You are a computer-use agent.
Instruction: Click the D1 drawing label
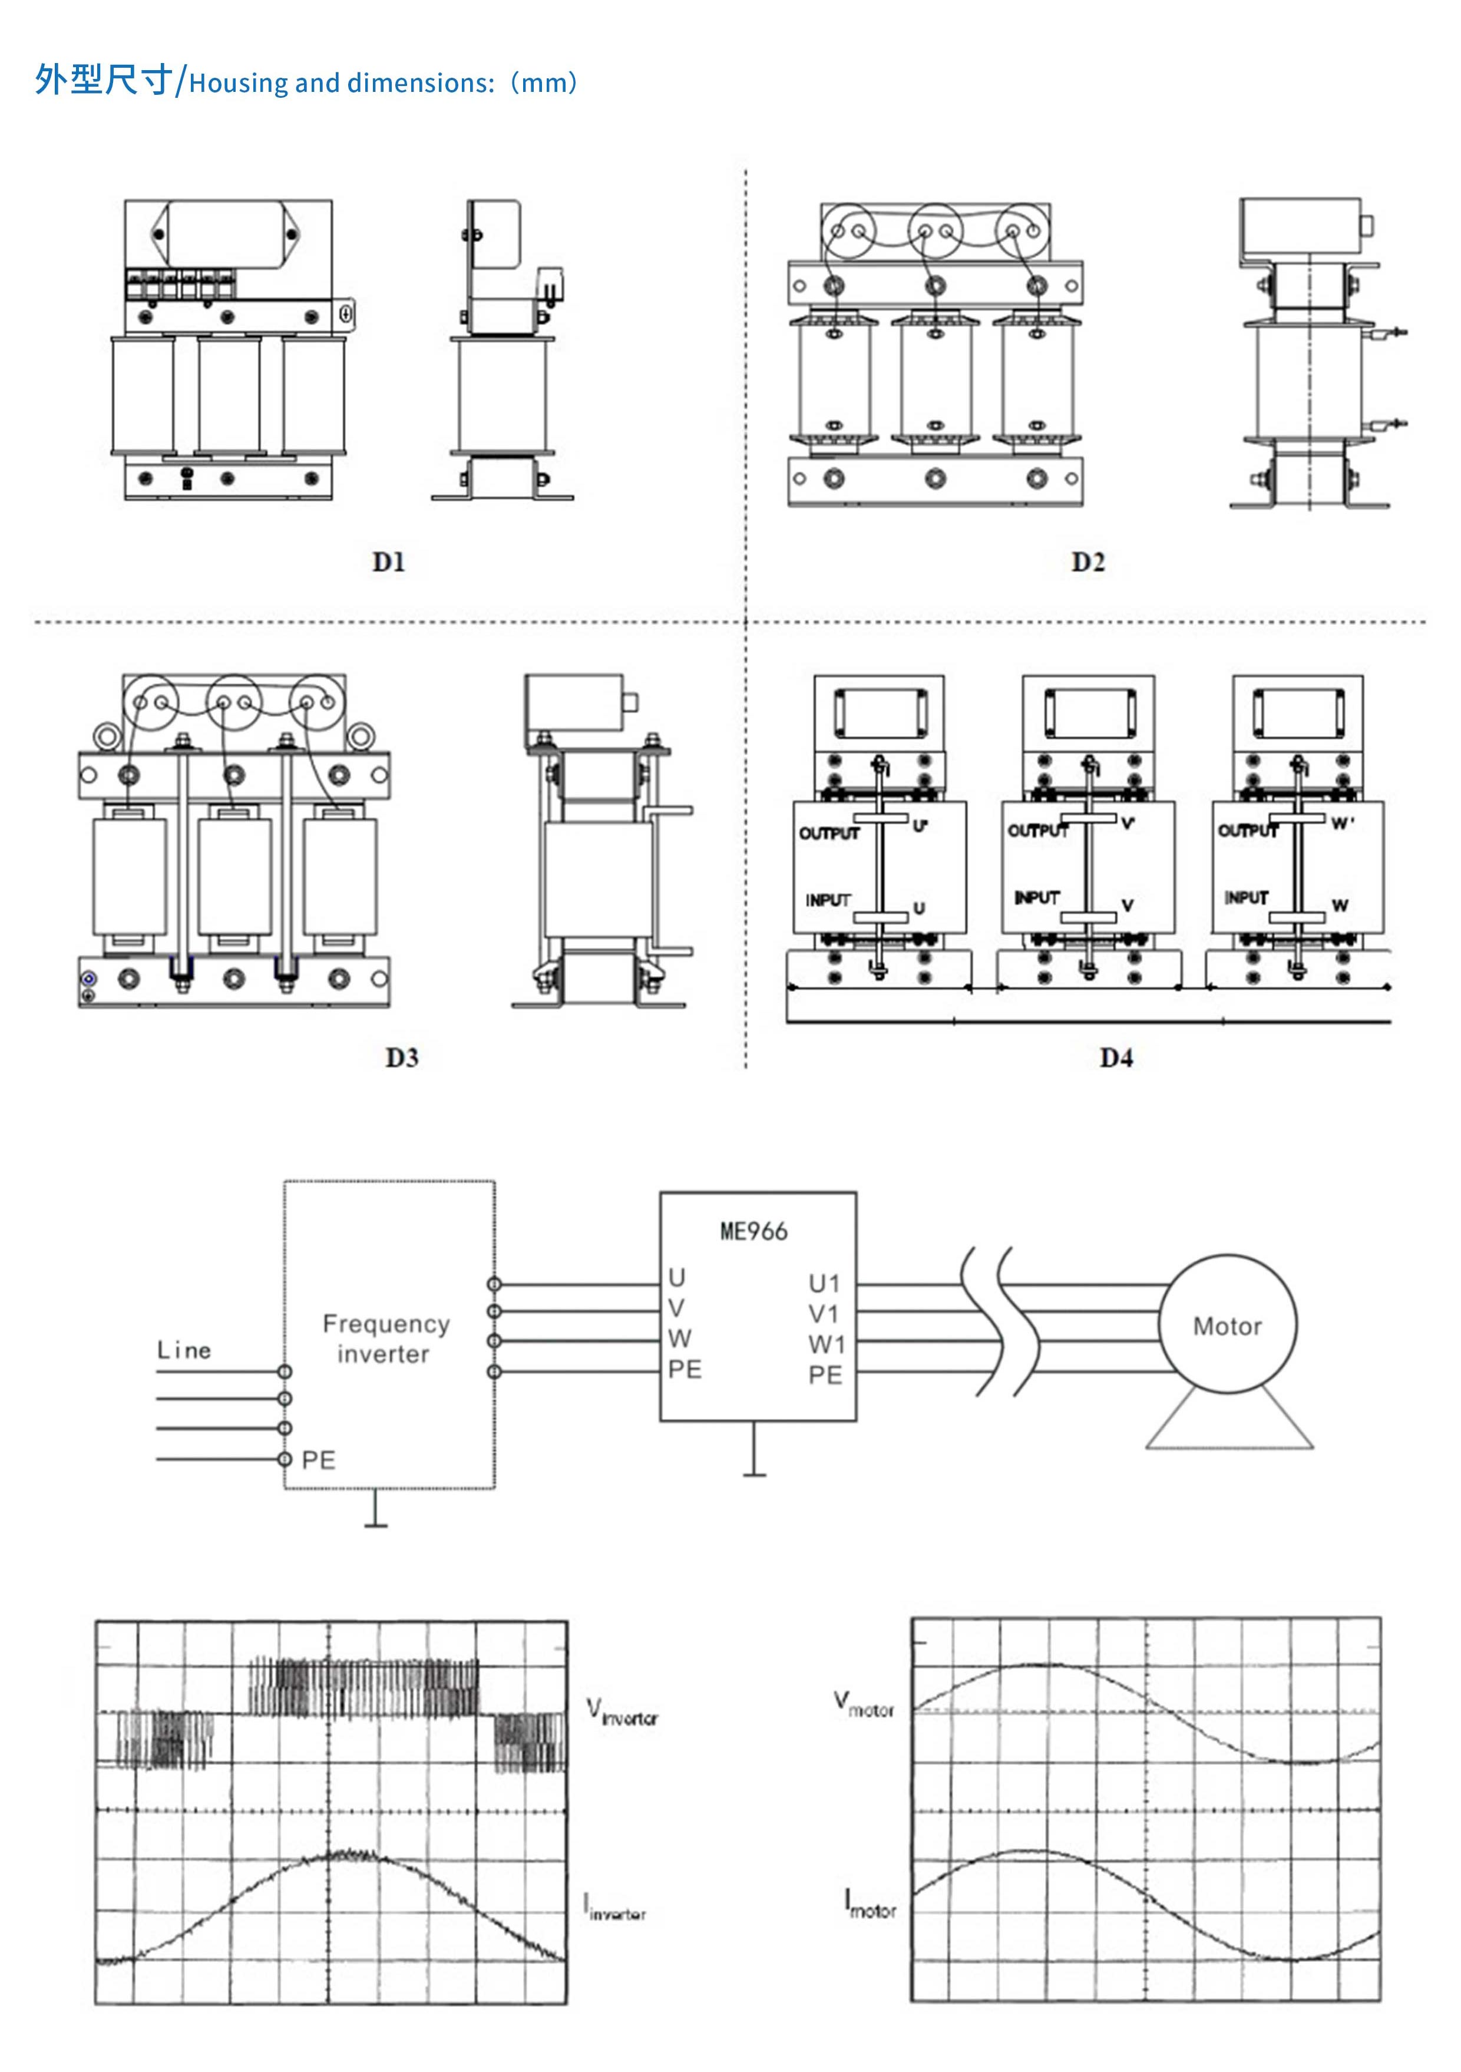point(388,562)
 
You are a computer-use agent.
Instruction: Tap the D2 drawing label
point(1088,562)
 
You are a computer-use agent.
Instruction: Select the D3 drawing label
point(402,1058)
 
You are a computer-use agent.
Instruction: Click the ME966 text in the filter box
point(753,1231)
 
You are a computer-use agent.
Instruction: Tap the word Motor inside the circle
point(1227,1326)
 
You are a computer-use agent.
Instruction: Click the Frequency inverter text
point(386,1339)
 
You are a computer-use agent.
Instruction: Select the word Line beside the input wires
point(184,1350)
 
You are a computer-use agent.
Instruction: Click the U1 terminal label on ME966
point(824,1283)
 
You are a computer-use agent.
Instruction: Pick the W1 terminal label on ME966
point(826,1344)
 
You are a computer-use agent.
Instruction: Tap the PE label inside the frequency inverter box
point(318,1460)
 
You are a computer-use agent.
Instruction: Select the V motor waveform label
point(864,1705)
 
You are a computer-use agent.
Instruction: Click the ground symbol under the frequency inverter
point(375,1524)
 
